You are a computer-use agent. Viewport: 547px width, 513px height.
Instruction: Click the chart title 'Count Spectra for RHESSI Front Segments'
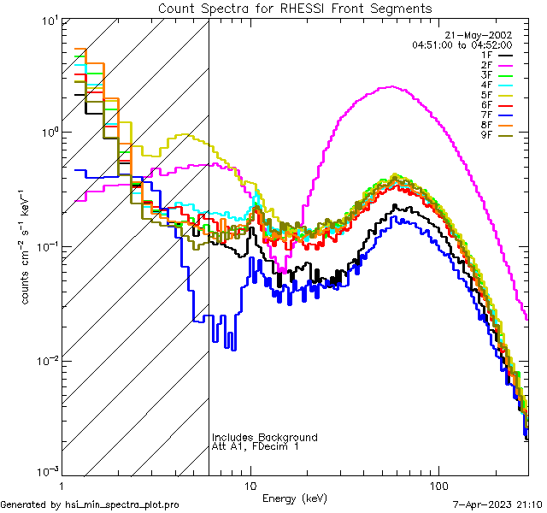[x=295, y=8]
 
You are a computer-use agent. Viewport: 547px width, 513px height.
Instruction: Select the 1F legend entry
[x=487, y=55]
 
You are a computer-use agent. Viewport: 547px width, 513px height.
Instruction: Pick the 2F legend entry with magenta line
[x=487, y=65]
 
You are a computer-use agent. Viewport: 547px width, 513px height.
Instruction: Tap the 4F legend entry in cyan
[x=487, y=85]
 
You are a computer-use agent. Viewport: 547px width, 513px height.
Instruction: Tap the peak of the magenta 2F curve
[x=391, y=86]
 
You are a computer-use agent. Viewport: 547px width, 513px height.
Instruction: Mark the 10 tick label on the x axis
[x=250, y=485]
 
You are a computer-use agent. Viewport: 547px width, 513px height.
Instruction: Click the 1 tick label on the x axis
[x=62, y=485]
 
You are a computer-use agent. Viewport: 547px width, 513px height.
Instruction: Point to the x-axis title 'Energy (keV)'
[x=295, y=498]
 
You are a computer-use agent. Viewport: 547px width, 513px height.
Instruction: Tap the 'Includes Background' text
[x=264, y=437]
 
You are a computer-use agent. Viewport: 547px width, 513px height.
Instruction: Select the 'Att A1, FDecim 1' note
[x=256, y=446]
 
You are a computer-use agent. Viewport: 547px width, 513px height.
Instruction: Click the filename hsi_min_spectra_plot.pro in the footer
[x=122, y=504]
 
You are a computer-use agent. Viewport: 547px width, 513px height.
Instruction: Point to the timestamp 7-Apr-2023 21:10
[x=495, y=504]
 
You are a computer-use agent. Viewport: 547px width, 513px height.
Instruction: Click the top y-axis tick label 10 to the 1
[x=44, y=20]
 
